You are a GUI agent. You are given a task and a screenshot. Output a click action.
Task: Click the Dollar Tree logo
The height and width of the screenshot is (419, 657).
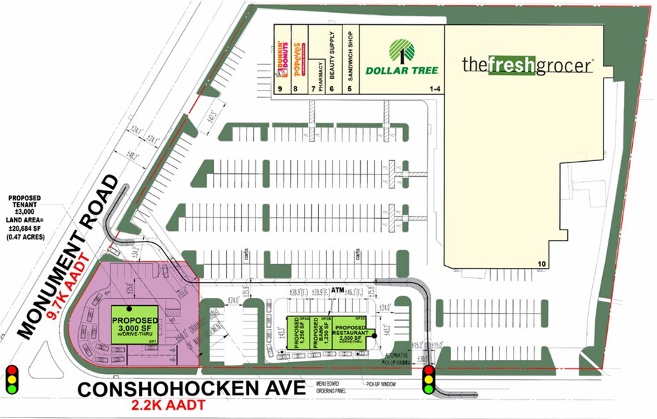402,58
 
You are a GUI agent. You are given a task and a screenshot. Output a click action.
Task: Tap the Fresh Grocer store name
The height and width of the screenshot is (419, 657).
527,65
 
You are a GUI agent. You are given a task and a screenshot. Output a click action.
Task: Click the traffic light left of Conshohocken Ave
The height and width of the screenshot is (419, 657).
11,381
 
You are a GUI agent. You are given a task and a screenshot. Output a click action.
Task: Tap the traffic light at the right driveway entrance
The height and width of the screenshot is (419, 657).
429,381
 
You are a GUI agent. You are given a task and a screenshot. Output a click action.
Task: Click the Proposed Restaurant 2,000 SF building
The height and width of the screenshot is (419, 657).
352,333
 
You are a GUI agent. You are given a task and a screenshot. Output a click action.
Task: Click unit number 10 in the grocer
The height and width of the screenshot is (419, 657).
542,264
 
